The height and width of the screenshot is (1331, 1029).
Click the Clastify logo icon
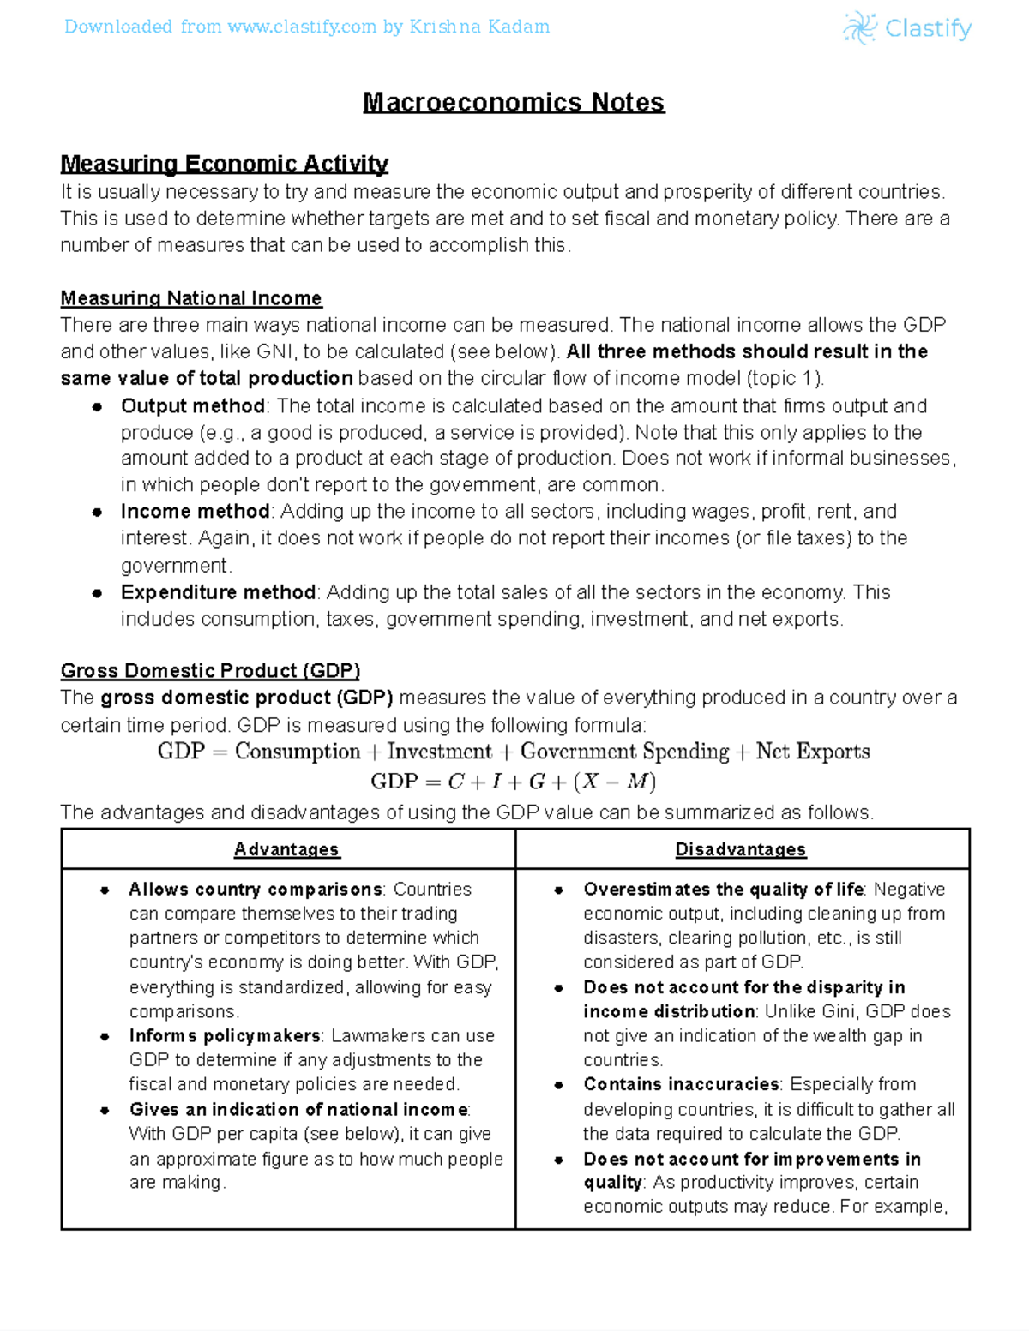click(x=859, y=28)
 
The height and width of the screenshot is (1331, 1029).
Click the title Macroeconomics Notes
click(x=514, y=103)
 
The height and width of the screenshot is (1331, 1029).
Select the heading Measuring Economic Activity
click(x=224, y=164)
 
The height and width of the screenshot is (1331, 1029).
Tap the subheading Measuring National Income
click(x=191, y=298)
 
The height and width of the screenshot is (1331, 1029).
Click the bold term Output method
click(x=192, y=405)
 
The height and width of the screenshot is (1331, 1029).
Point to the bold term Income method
click(x=195, y=512)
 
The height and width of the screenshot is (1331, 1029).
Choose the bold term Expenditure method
click(x=218, y=592)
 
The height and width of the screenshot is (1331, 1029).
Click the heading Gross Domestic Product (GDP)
click(x=210, y=670)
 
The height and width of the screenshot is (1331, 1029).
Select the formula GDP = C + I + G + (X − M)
click(x=513, y=782)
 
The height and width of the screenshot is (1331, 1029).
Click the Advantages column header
click(x=287, y=849)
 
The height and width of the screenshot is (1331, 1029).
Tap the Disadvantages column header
click(x=741, y=849)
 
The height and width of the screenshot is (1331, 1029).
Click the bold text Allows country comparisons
click(x=255, y=890)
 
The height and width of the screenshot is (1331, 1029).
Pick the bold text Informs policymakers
click(x=225, y=1036)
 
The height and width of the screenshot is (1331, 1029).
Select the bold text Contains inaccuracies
click(x=682, y=1084)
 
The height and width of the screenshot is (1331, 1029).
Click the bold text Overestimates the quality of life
click(x=724, y=890)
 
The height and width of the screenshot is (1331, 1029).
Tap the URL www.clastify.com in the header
click(x=302, y=27)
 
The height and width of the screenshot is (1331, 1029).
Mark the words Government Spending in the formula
click(x=624, y=752)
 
